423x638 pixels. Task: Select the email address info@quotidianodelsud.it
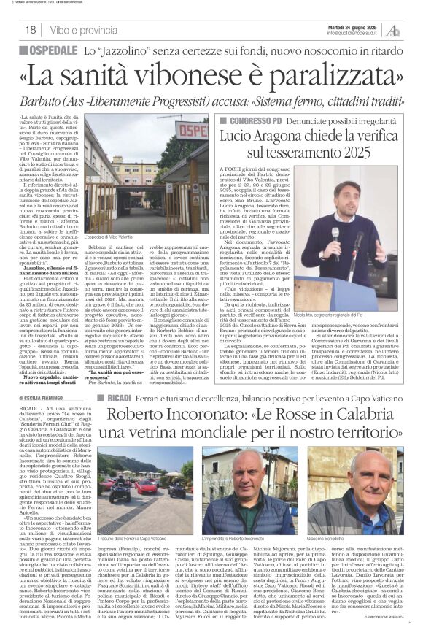[x=355, y=33]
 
